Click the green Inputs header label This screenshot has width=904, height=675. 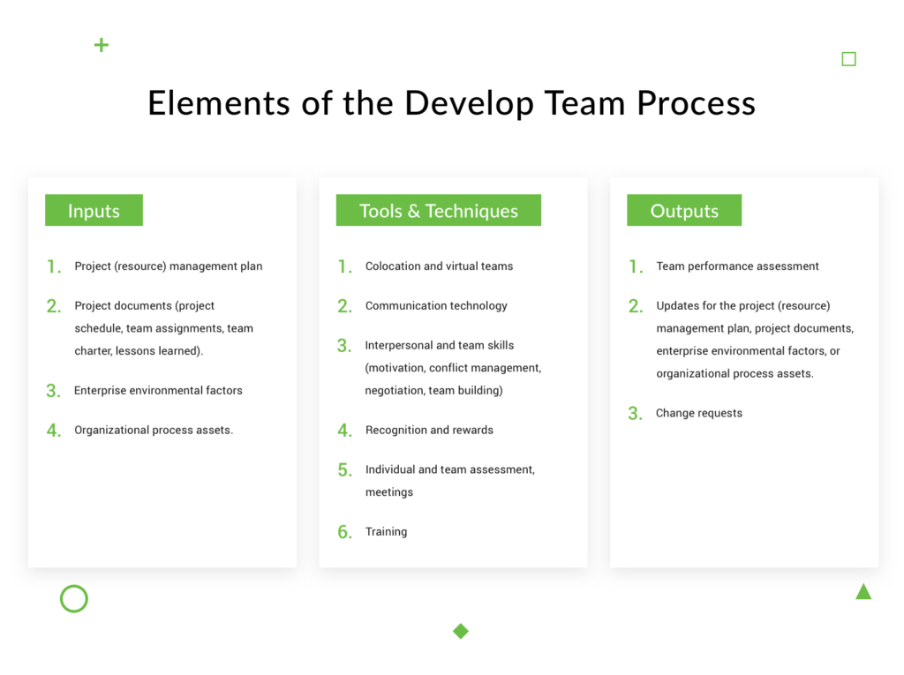tap(94, 211)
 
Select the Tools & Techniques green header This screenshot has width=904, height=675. tap(438, 211)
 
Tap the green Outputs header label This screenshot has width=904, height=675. tap(684, 211)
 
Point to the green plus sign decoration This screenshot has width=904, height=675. tap(102, 45)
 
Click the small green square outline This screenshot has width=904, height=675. tap(848, 59)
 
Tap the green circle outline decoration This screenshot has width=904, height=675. tap(74, 599)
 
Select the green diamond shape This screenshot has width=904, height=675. tap(460, 631)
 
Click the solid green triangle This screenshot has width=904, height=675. tap(863, 592)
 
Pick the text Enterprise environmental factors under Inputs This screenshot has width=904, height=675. tap(158, 390)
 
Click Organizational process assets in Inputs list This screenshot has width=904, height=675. tap(154, 430)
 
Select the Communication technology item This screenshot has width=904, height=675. tap(436, 305)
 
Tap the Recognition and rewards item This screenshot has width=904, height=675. tap(429, 430)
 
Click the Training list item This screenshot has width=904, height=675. tap(386, 531)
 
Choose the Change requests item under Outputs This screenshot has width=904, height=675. tap(698, 413)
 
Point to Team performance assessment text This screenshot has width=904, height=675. tap(737, 266)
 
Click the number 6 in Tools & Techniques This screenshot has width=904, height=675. tap(344, 532)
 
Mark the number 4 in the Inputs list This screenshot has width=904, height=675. tap(54, 431)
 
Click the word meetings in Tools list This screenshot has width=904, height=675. tap(388, 491)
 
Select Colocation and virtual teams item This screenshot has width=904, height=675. tap(439, 266)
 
